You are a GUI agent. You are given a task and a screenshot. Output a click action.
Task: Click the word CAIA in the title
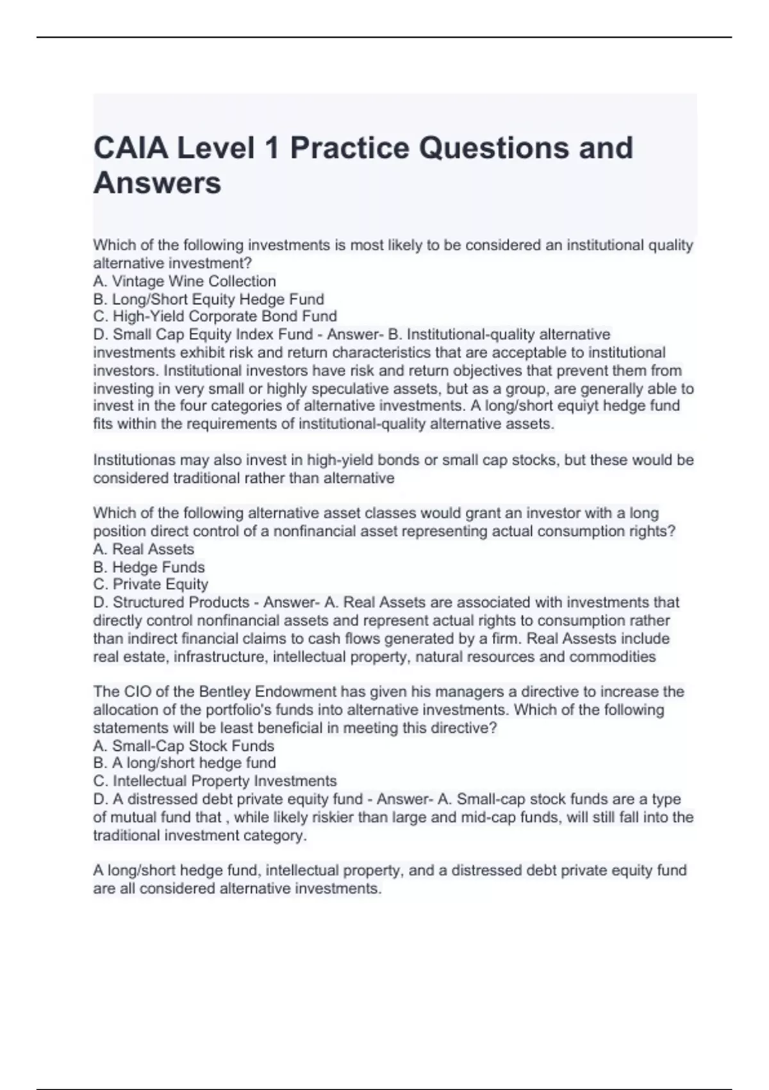pyautogui.click(x=131, y=148)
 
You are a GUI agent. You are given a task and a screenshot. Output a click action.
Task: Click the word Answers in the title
pyautogui.click(x=158, y=183)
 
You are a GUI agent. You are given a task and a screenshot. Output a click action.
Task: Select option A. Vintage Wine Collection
pyautogui.click(x=185, y=281)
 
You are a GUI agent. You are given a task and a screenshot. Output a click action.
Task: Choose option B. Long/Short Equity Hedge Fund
pyautogui.click(x=208, y=299)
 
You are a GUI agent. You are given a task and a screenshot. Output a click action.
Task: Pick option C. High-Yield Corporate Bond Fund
pyautogui.click(x=215, y=317)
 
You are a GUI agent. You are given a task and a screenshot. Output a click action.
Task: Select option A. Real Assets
pyautogui.click(x=144, y=549)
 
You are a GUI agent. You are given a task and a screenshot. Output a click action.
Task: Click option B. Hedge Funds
pyautogui.click(x=149, y=567)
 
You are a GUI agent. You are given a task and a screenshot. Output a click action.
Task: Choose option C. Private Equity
pyautogui.click(x=151, y=585)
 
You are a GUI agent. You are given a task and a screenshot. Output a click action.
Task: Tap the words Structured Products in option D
pyautogui.click(x=181, y=603)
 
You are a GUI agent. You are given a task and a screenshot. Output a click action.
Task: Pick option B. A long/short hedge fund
pyautogui.click(x=185, y=763)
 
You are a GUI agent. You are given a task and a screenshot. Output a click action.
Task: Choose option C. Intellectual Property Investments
pyautogui.click(x=215, y=781)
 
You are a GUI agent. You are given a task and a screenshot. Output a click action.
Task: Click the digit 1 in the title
pyautogui.click(x=272, y=148)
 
